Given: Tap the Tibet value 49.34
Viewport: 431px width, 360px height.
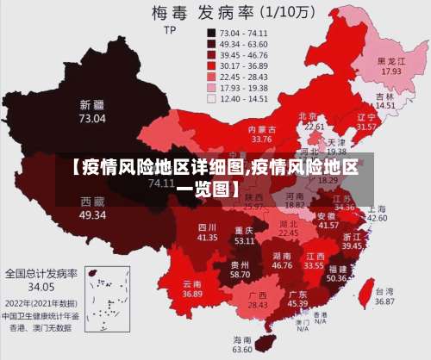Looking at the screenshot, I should (x=92, y=214).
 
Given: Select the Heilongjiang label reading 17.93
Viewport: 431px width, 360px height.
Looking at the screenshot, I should (x=391, y=71).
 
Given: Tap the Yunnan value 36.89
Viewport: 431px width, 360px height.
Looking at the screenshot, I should (x=192, y=294).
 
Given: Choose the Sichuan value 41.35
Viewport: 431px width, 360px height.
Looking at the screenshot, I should (x=207, y=236).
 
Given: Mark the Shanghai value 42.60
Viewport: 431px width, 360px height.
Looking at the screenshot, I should (x=377, y=219).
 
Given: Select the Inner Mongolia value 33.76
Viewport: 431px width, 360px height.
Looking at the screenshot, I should (x=261, y=139).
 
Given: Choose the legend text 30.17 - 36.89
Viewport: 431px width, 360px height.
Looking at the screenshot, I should (x=244, y=65).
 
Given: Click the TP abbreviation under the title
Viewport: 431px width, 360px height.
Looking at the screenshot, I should (x=169, y=28).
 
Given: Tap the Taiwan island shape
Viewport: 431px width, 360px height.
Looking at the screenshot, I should (x=364, y=291).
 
